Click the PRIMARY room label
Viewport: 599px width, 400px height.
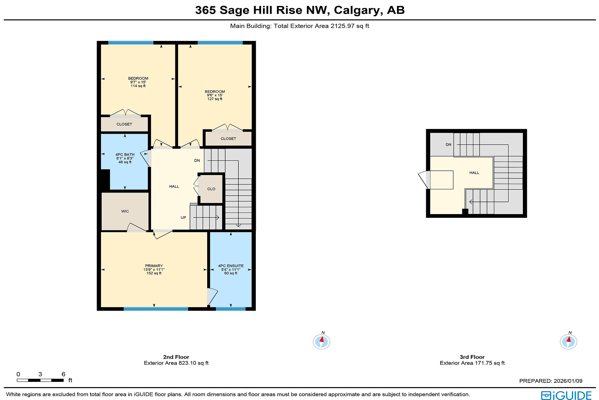tap(154, 266)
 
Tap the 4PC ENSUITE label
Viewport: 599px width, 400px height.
tap(231, 266)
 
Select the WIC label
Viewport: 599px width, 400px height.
tap(125, 212)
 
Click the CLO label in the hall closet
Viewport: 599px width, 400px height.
tap(211, 189)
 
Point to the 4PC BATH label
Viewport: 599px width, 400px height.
tap(125, 155)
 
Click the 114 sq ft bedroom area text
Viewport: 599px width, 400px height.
tap(138, 86)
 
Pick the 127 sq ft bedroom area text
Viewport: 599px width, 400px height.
tap(215, 99)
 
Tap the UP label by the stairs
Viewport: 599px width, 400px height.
tap(183, 218)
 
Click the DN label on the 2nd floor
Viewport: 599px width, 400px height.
tap(197, 161)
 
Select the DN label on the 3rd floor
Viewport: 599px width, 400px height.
tap(448, 145)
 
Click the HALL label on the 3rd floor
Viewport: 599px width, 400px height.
tap(474, 173)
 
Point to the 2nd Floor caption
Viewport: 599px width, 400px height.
tap(176, 357)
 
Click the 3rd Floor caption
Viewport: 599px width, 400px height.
tap(472, 357)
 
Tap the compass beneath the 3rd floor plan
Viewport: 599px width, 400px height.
tap(568, 341)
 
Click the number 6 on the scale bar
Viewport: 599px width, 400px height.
tap(63, 374)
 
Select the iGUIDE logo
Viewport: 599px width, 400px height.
tap(566, 395)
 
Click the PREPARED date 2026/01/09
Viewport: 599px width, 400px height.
tap(568, 381)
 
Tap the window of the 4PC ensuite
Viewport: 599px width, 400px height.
tap(231, 309)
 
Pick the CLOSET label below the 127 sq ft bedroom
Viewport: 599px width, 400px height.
tap(228, 139)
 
